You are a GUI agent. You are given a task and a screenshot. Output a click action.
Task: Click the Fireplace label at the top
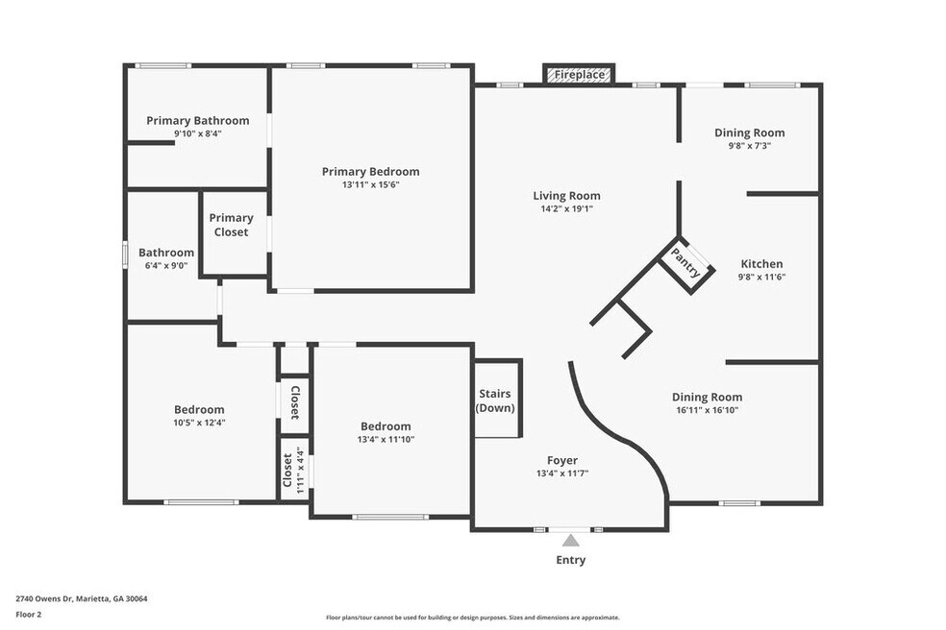point(579,75)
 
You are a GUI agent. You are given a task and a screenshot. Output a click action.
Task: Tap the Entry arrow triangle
point(571,541)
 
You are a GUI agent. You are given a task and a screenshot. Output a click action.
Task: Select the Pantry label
point(686,263)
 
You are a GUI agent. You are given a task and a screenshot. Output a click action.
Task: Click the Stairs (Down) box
point(497,400)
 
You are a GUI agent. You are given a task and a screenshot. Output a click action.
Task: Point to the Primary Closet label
point(231,225)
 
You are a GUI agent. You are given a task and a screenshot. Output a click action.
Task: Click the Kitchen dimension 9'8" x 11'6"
point(761,278)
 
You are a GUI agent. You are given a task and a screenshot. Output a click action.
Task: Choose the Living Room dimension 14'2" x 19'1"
point(566,209)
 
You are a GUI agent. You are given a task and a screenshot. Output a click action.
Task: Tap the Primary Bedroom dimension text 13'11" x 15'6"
point(370,185)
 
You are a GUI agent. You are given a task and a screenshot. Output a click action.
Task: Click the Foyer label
point(562,461)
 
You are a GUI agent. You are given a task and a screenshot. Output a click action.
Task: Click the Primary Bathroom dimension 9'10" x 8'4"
point(198,133)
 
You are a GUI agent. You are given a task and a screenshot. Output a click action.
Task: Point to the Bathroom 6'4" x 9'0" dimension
point(166,265)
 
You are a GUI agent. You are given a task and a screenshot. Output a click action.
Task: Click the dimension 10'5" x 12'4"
point(199,424)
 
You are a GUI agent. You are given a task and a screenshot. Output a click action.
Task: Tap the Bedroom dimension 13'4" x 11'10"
point(386,440)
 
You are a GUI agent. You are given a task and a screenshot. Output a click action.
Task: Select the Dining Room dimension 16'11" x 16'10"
point(707,410)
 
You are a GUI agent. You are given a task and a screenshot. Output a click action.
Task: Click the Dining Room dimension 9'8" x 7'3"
point(749,146)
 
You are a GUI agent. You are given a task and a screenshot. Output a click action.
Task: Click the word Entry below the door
point(571,560)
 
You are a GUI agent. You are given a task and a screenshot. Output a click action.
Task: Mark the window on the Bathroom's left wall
point(125,254)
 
